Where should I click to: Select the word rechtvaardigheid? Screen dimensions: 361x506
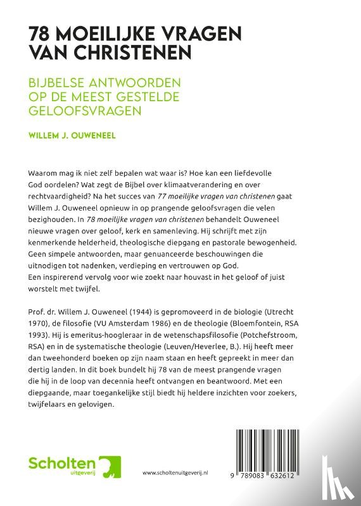pyautogui.click(x=61, y=202)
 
